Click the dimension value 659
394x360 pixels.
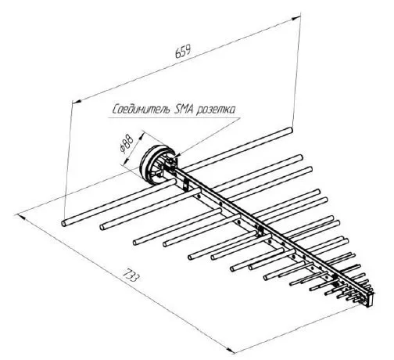click(x=183, y=51)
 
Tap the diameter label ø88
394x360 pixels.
click(x=127, y=144)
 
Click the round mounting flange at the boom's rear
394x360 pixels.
click(x=156, y=164)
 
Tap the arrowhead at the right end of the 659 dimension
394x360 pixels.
click(x=296, y=18)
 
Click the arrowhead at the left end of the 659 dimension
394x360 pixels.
click(x=77, y=101)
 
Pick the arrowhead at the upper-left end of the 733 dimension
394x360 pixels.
click(x=21, y=217)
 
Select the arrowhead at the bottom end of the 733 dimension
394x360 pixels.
click(x=230, y=351)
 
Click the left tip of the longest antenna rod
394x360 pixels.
click(x=63, y=224)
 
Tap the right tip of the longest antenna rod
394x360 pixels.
click(x=290, y=130)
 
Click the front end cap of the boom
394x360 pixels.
click(x=370, y=300)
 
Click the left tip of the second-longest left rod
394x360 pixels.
click(x=102, y=228)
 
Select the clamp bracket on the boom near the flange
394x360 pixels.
click(x=185, y=185)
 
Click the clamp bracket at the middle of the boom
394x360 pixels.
click(x=260, y=231)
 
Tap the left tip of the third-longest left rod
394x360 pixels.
click(x=135, y=243)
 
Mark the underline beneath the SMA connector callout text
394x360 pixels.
click(x=174, y=118)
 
